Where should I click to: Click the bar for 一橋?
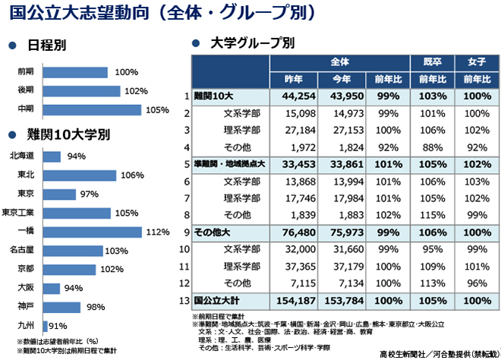92,232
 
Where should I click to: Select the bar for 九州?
46,326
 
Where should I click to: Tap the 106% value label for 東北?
131,175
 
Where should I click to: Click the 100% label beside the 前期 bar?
127,72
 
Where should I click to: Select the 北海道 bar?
52,156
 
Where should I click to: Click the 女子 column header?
477,61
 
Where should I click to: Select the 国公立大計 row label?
216,300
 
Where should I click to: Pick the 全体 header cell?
339,61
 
